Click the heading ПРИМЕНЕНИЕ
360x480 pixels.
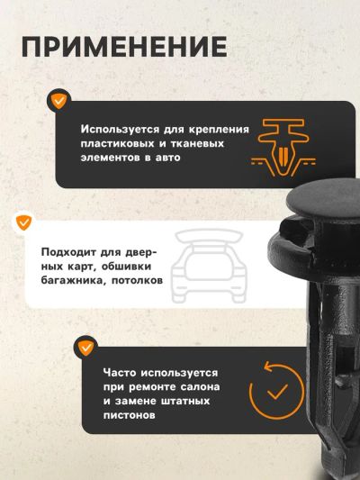point(124,47)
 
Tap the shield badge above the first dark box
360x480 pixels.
point(58,101)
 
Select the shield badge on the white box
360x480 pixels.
point(24,222)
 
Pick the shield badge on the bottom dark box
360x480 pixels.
point(85,347)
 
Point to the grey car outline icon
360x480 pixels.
point(209,266)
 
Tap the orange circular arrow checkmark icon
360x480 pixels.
point(276,390)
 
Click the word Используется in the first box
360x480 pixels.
point(120,130)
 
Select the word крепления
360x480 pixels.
point(219,130)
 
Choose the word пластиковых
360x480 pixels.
point(117,143)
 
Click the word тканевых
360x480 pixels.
point(197,143)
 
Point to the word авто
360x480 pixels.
point(168,158)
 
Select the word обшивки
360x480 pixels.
point(126,267)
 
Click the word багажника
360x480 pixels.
point(72,281)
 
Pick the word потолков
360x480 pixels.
point(137,280)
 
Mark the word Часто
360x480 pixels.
point(120,373)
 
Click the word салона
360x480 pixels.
point(200,387)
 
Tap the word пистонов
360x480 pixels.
point(129,415)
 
